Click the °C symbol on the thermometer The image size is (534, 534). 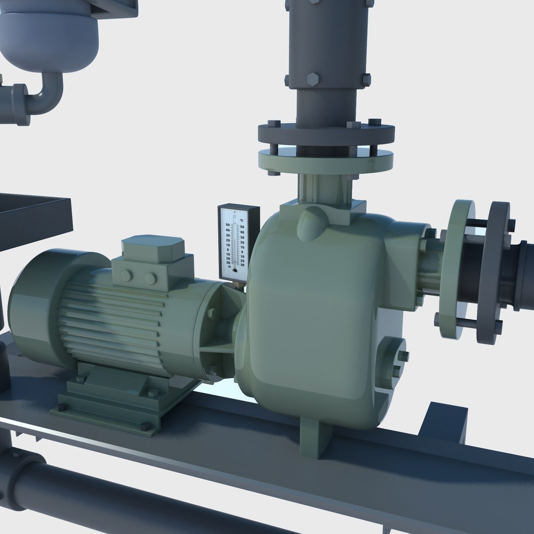pyautogui.click(x=241, y=220)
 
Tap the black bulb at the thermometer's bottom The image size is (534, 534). pyautogui.click(x=234, y=270)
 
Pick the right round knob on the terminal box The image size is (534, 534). pyautogui.click(x=151, y=279)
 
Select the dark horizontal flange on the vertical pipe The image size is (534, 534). pyautogui.click(x=326, y=133)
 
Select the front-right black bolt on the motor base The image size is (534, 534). pyautogui.click(x=145, y=426)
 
